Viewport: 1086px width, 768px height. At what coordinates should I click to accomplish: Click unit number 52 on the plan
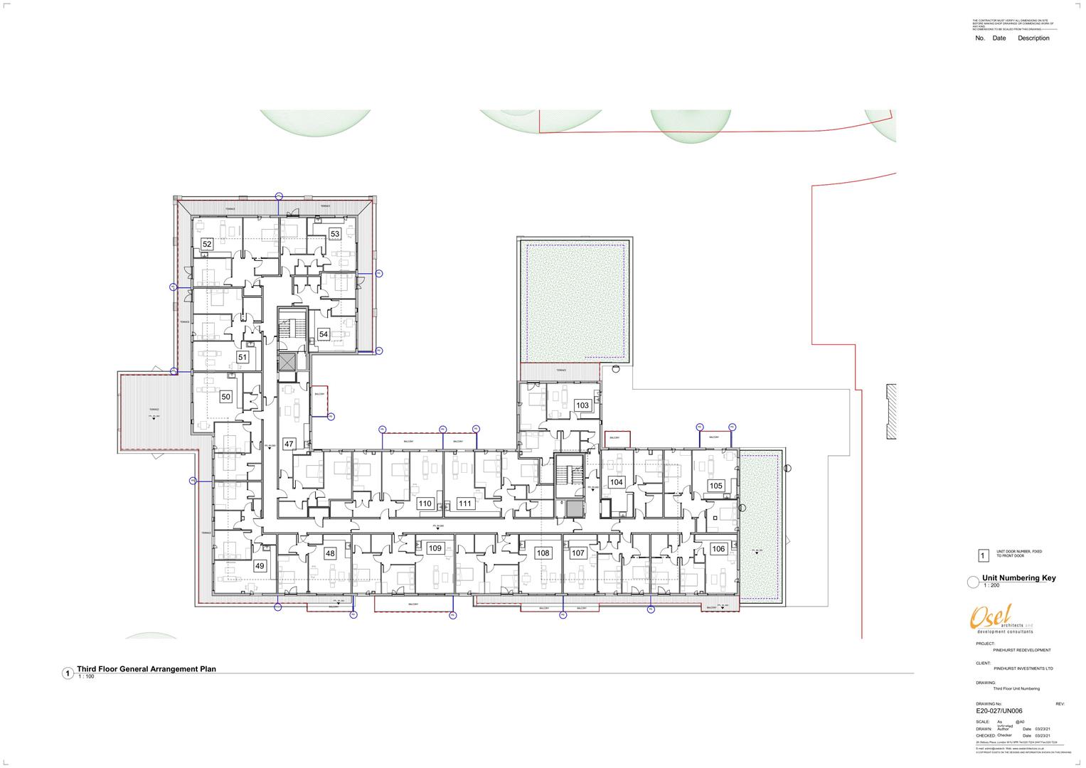click(208, 244)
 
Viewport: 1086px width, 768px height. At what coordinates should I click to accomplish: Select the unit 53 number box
click(335, 233)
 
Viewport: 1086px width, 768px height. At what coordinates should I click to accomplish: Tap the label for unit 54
click(324, 334)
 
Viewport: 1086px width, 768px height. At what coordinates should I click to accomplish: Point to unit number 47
click(289, 444)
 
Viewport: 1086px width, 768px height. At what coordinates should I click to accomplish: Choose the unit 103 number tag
click(582, 405)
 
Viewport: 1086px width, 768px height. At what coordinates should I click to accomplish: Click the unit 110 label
click(425, 503)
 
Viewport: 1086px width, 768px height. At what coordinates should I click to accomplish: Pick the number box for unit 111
click(465, 503)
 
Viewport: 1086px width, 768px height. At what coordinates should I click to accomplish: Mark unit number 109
click(435, 548)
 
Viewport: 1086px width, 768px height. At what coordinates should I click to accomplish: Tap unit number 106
click(718, 548)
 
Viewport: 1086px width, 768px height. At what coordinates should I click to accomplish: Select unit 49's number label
click(260, 566)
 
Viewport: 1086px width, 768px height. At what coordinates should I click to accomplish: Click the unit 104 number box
click(617, 482)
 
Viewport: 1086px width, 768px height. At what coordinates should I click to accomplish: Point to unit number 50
click(226, 396)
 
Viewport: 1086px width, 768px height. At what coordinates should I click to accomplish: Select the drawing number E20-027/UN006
click(1000, 710)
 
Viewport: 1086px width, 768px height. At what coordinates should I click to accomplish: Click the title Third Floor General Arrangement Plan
click(147, 669)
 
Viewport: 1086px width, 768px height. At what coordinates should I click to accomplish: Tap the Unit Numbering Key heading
click(1018, 578)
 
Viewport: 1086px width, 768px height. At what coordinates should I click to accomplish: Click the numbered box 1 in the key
click(984, 556)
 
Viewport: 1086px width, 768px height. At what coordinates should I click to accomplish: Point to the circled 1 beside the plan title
click(68, 673)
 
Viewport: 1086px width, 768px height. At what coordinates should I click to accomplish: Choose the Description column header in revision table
click(1033, 38)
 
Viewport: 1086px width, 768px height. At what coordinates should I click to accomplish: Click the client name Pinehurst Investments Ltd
click(1023, 668)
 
